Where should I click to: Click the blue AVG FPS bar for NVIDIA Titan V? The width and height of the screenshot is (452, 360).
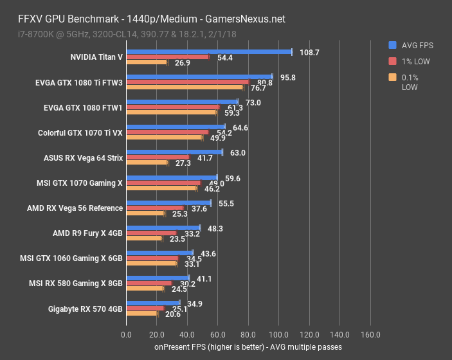click(209, 51)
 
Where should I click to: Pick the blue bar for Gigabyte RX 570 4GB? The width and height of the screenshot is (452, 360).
click(153, 303)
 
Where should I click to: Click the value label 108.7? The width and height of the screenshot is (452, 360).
click(309, 52)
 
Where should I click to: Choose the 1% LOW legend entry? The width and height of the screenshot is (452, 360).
click(417, 62)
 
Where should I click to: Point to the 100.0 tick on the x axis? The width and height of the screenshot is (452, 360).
click(278, 335)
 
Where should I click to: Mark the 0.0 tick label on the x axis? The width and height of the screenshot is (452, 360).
click(127, 335)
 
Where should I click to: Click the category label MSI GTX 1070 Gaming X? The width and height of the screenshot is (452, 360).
click(80, 183)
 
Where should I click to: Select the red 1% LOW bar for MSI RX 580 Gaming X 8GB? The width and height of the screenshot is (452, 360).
click(149, 283)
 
